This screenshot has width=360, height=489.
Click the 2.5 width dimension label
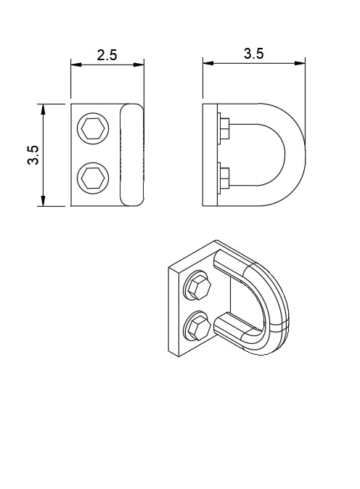click(107, 55)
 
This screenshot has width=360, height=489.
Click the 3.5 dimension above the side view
click(253, 54)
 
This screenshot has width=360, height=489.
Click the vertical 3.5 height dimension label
click(33, 155)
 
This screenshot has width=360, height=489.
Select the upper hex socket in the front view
click(93, 129)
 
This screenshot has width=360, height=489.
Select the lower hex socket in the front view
click(93, 178)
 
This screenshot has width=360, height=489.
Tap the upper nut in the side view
click(224, 129)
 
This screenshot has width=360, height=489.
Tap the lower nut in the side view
click(224, 178)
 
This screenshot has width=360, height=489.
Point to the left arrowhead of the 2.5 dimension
click(75, 65)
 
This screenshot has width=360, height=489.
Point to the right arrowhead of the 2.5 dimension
click(139, 65)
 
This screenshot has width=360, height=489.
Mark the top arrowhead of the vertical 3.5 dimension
click(43, 109)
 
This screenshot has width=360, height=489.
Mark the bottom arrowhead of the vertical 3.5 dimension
click(43, 201)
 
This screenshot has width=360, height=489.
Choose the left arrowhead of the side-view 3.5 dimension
click(208, 63)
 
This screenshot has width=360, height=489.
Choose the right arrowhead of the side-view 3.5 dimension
click(300, 63)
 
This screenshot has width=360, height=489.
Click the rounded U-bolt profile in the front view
click(132, 155)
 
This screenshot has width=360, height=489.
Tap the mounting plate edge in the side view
click(210, 155)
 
